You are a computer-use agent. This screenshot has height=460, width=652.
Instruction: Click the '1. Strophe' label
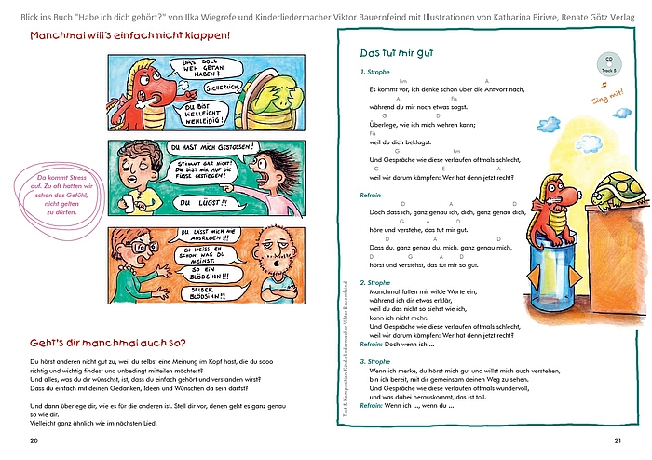point(374,72)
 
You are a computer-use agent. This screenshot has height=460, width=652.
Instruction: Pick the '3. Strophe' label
point(374,361)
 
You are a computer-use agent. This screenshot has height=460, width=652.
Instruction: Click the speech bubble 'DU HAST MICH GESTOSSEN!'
point(211,147)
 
